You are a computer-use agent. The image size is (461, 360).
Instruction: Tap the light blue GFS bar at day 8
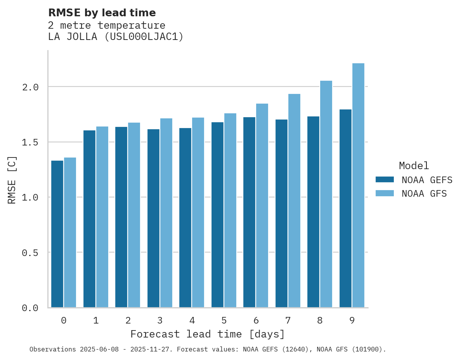pyautogui.click(x=326, y=194)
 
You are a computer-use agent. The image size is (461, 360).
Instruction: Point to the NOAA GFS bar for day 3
pyautogui.click(x=166, y=213)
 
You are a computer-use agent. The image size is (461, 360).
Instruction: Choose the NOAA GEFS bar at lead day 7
pyautogui.click(x=281, y=213)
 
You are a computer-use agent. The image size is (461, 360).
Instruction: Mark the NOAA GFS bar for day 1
pyautogui.click(x=102, y=217)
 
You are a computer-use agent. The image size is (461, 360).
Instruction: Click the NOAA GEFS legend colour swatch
pyautogui.click(x=385, y=180)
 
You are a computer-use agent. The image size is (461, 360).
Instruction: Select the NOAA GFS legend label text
pyautogui.click(x=424, y=194)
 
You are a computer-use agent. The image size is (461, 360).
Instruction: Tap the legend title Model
pyautogui.click(x=414, y=166)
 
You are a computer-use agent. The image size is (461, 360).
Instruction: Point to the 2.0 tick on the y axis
pyautogui.click(x=30, y=87)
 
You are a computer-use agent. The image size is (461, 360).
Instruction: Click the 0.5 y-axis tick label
pyautogui.click(x=30, y=253)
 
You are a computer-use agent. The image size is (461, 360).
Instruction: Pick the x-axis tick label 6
pyautogui.click(x=256, y=320)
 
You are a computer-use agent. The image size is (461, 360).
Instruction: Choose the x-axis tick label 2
pyautogui.click(x=128, y=320)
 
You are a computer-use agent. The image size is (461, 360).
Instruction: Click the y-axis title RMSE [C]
pyautogui.click(x=12, y=180)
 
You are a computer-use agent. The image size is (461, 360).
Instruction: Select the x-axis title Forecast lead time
pyautogui.click(x=208, y=334)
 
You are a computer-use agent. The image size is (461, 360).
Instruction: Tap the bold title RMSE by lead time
pyautogui.click(x=102, y=13)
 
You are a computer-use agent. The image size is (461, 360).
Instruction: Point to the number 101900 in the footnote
pyautogui.click(x=370, y=349)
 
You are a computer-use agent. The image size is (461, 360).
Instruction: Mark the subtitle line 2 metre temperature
pyautogui.click(x=107, y=25)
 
